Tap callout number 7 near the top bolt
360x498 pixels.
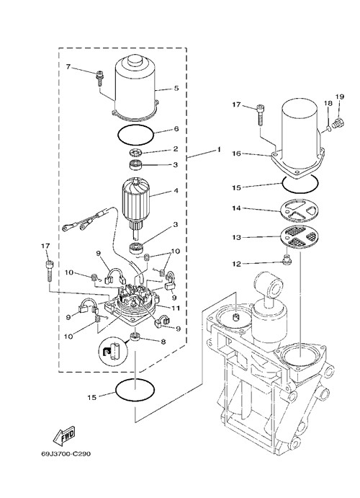coord(68,67)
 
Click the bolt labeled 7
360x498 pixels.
coord(99,78)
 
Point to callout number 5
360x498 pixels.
coord(176,88)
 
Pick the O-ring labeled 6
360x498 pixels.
coord(136,135)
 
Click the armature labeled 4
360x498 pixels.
coord(135,203)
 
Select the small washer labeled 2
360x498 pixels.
coord(136,153)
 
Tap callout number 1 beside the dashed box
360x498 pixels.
coord(219,149)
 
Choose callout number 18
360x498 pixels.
coord(328,103)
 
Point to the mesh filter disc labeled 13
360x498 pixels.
coord(300,237)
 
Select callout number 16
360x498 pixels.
coord(237,154)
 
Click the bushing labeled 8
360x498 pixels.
coord(135,337)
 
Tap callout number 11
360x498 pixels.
coord(176,308)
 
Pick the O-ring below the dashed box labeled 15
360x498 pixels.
coord(135,391)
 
